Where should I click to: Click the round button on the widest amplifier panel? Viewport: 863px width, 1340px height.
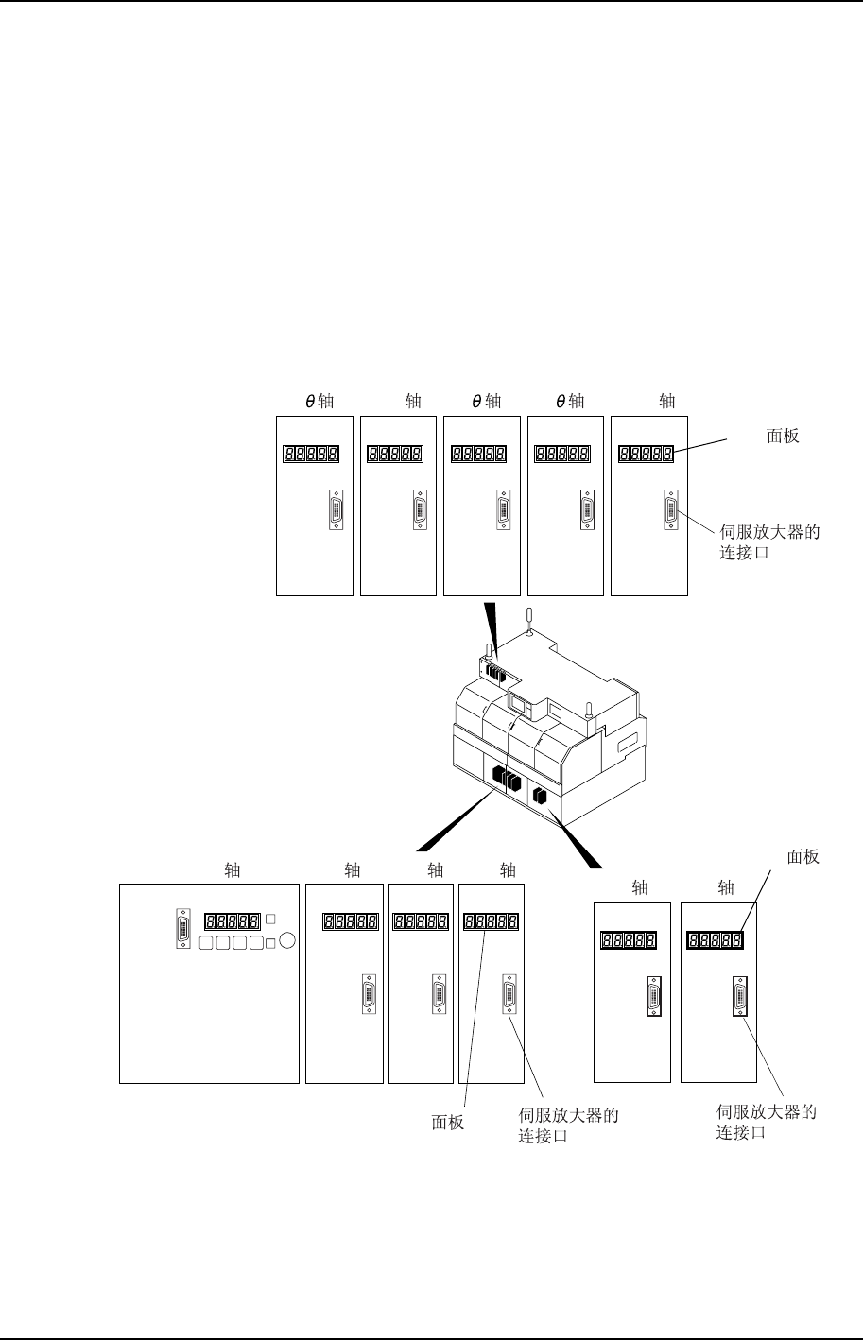(x=288, y=940)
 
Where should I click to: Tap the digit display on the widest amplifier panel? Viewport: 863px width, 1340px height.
(x=232, y=919)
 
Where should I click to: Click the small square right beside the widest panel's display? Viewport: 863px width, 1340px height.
(x=270, y=919)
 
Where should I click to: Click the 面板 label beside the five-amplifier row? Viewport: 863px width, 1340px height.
(x=783, y=437)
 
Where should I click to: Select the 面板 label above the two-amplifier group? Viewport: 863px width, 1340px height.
(x=803, y=857)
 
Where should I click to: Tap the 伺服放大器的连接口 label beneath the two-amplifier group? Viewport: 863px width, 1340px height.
(x=766, y=1122)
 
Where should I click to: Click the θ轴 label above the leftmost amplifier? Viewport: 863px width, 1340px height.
(x=319, y=401)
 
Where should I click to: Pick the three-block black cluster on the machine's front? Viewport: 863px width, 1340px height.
(x=507, y=780)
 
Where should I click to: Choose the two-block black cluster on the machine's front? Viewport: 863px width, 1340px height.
(x=540, y=797)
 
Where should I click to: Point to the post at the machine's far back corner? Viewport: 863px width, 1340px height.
(x=530, y=620)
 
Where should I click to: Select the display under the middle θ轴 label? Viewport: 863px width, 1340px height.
(x=480, y=455)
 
